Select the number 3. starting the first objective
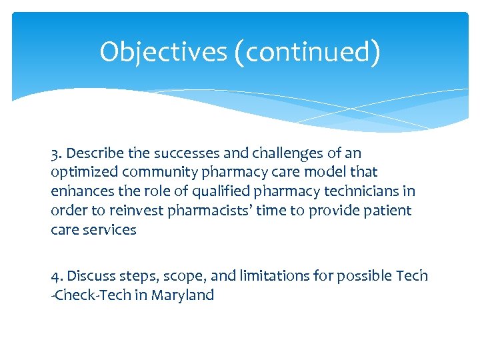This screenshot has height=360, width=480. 56,153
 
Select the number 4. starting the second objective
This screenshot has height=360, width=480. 57,276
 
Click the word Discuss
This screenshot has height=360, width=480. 90,276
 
